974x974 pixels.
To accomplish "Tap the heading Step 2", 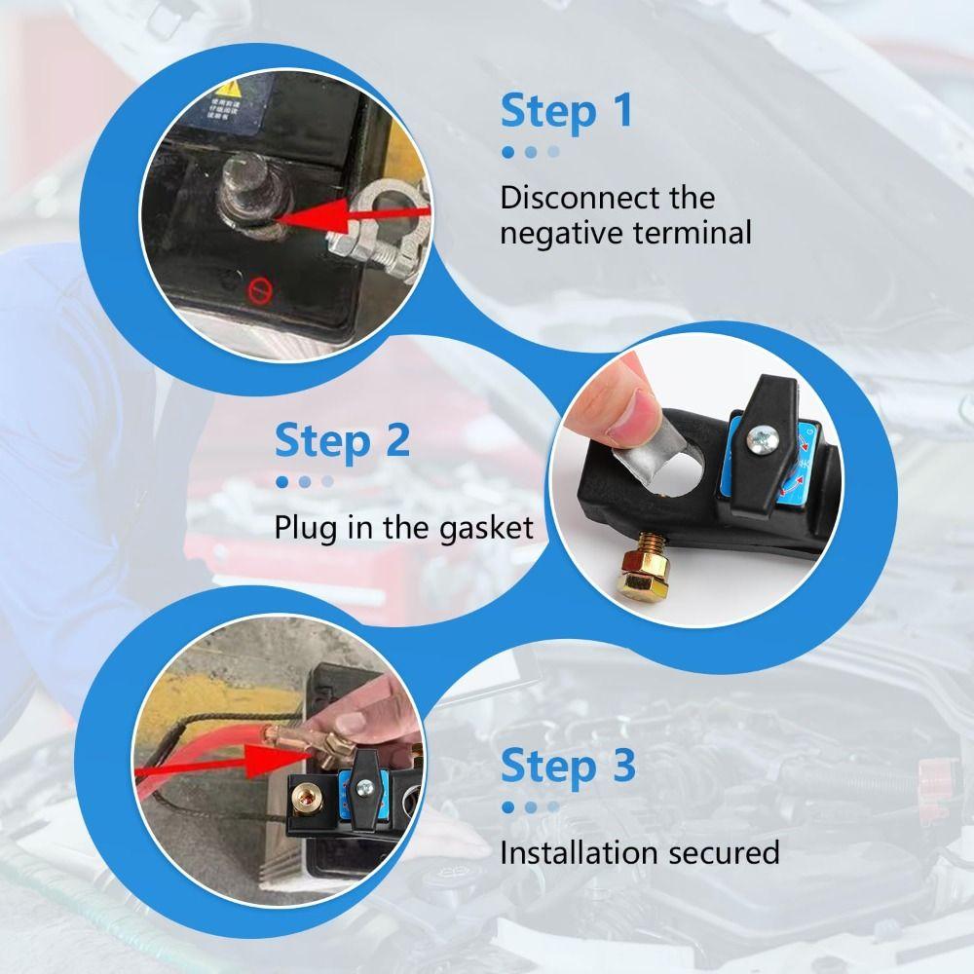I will pyautogui.click(x=341, y=440).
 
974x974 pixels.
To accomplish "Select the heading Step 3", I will pyautogui.click(x=568, y=767).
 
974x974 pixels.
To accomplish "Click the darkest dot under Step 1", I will pyautogui.click(x=507, y=152).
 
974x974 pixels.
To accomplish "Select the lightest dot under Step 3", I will pyautogui.click(x=553, y=806).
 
